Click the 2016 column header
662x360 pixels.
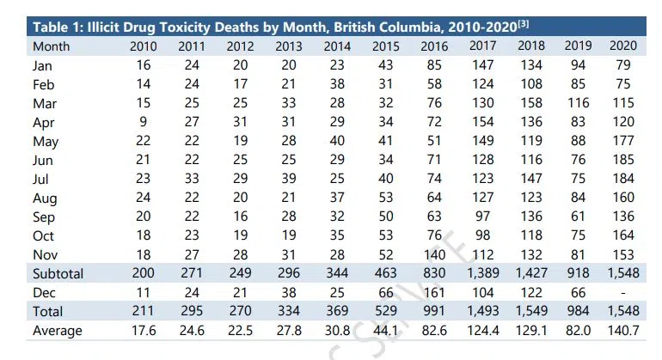tap(435, 46)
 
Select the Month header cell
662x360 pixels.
tap(51, 46)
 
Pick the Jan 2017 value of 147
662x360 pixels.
tap(484, 64)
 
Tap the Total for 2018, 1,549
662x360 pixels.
tap(533, 311)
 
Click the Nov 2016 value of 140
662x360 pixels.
tap(436, 254)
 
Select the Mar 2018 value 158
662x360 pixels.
tap(533, 102)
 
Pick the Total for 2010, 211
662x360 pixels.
tap(143, 311)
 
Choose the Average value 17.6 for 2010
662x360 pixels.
tap(143, 330)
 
